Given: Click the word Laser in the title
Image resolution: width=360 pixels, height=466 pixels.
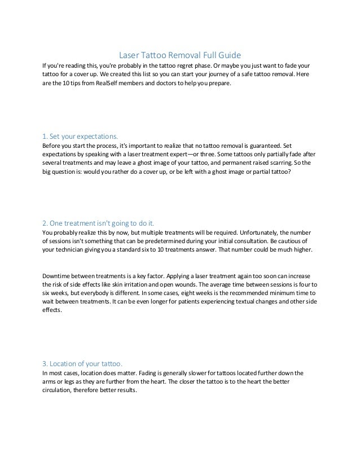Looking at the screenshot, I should tap(129, 55).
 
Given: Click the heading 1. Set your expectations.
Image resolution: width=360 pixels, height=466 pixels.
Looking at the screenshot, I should tap(80, 136).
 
